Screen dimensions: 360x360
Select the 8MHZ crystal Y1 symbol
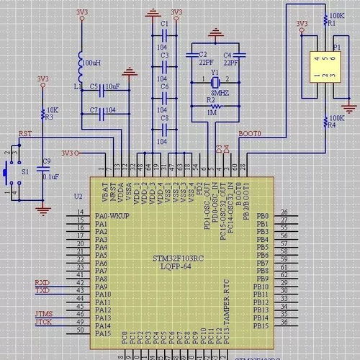pyautogui.click(x=213, y=78)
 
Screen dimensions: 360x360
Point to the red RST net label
pyautogui.click(x=25, y=134)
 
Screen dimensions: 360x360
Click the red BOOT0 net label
pyautogui.click(x=251, y=134)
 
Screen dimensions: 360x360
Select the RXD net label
pyautogui.click(x=42, y=282)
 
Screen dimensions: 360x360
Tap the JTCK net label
pyautogui.click(x=43, y=321)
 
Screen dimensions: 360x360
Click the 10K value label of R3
pyautogui.click(x=51, y=110)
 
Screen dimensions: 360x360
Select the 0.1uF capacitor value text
pyautogui.click(x=50, y=176)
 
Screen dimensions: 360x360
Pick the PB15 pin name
pyautogui.click(x=261, y=325)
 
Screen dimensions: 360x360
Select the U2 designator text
pyautogui.click(x=78, y=195)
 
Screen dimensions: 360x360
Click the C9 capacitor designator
pyautogui.click(x=47, y=161)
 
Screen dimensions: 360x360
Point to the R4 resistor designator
pyautogui.click(x=331, y=125)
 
